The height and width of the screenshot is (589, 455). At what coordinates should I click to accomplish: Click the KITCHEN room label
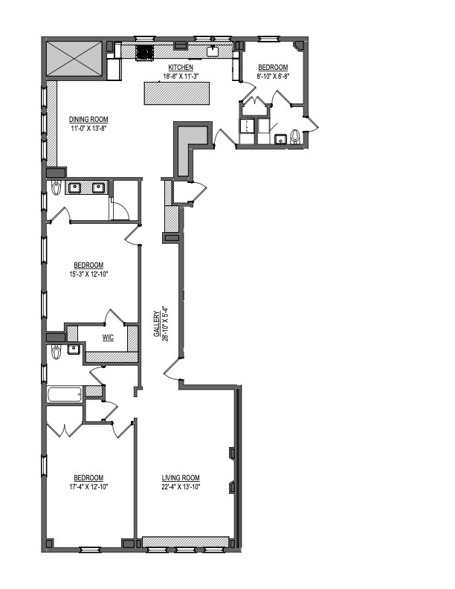click(x=179, y=67)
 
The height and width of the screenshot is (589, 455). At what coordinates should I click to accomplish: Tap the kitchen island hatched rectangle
click(x=178, y=93)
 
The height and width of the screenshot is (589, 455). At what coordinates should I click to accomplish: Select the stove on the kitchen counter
click(x=144, y=52)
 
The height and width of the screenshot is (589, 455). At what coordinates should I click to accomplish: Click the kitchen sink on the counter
click(x=213, y=51)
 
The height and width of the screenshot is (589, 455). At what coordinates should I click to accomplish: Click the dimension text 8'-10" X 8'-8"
click(x=272, y=75)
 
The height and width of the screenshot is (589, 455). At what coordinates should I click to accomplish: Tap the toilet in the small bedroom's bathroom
click(x=295, y=137)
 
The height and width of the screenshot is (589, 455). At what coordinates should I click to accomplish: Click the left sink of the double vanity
click(x=74, y=187)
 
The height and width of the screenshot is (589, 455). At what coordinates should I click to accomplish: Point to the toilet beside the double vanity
click(x=56, y=189)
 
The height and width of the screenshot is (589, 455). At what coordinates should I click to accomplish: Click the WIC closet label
click(x=109, y=337)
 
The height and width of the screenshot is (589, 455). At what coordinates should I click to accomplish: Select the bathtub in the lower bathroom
click(x=65, y=394)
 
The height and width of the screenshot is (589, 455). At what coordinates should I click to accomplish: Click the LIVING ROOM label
click(x=181, y=478)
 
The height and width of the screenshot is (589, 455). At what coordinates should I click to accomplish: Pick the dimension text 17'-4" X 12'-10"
click(x=88, y=487)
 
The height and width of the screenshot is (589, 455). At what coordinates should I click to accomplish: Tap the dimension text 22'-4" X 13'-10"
click(x=181, y=487)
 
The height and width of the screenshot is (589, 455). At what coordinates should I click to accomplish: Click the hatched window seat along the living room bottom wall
click(x=186, y=541)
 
